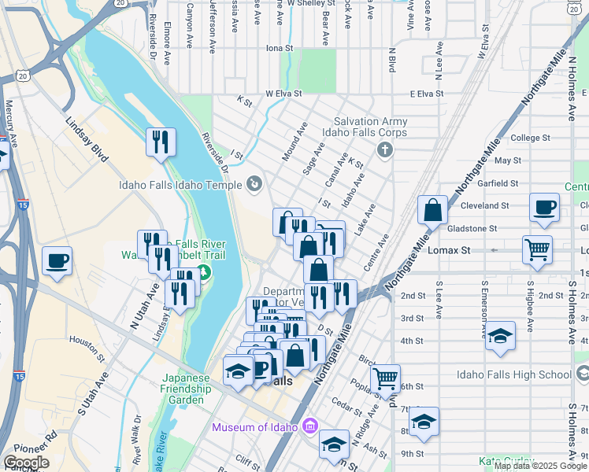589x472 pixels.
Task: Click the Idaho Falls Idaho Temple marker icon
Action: click(x=254, y=185)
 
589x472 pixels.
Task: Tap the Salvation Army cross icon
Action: click(x=384, y=149)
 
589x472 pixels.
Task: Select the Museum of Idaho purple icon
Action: click(x=310, y=427)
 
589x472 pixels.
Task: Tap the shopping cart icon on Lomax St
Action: click(x=537, y=249)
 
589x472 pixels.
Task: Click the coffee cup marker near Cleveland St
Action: click(x=544, y=208)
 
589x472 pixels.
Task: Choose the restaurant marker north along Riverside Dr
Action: click(x=161, y=142)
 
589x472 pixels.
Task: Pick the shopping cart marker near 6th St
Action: click(x=385, y=378)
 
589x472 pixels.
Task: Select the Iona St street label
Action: click(x=279, y=48)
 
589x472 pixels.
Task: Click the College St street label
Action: click(x=525, y=138)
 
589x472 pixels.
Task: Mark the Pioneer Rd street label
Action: click(x=40, y=441)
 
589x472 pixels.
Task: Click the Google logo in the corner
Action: click(x=26, y=463)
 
